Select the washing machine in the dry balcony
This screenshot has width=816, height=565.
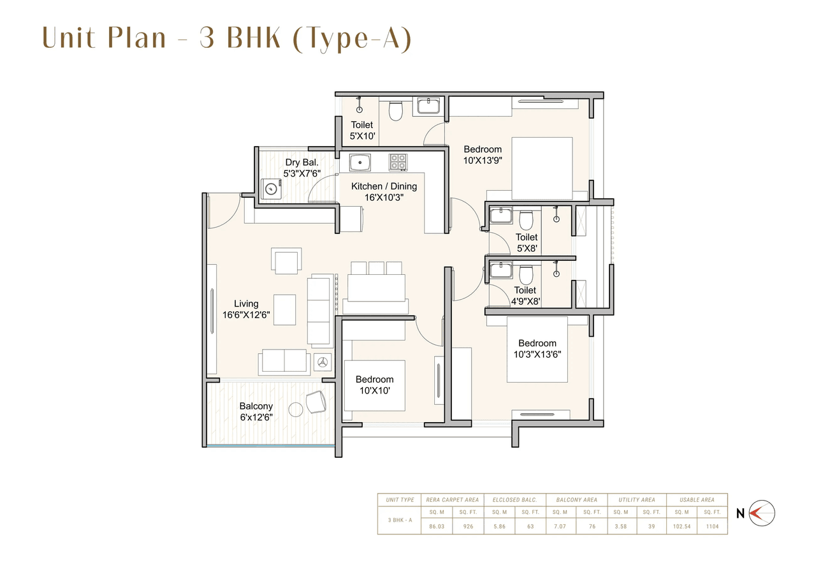coord(272,189)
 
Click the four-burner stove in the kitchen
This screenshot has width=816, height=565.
coord(398,162)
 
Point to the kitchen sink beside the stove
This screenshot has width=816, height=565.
coord(360,162)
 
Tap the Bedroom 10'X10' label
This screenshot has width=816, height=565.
coord(374,385)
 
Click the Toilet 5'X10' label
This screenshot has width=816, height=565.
coord(361,131)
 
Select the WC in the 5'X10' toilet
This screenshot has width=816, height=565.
coord(396,111)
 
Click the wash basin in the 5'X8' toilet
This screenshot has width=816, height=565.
coord(500,215)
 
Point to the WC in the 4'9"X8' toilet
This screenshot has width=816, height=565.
coord(526,274)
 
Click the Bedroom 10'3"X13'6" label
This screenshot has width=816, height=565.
coord(537,348)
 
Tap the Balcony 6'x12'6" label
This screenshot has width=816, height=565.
coord(256,411)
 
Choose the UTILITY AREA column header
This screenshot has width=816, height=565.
coord(636,500)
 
